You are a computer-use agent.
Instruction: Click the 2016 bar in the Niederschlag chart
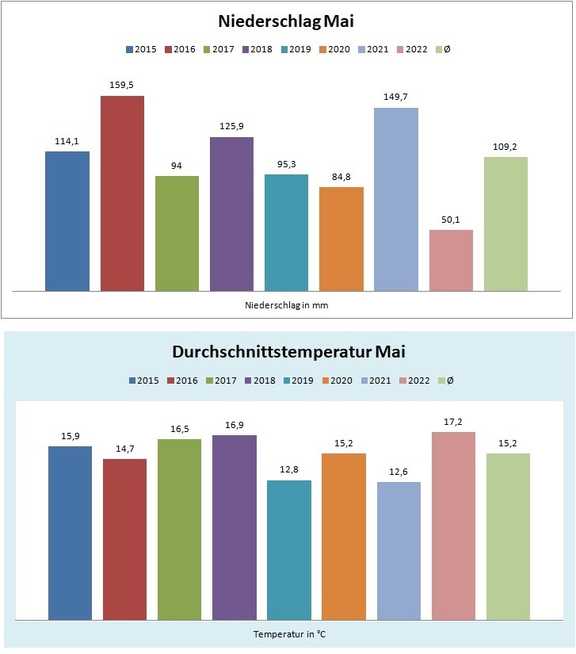(x=122, y=193)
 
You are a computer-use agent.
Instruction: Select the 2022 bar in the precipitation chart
(x=451, y=260)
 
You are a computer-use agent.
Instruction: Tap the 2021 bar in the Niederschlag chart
(x=396, y=199)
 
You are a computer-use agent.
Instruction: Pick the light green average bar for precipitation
(x=505, y=224)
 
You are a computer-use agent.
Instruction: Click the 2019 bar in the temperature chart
(x=289, y=549)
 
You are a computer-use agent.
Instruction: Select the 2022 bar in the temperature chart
(x=453, y=526)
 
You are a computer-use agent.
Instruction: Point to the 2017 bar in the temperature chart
(x=179, y=529)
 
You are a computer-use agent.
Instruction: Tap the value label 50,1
(x=451, y=220)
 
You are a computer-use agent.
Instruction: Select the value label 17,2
(x=453, y=422)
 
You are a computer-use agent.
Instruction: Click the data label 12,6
(x=399, y=472)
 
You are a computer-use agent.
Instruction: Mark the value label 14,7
(x=124, y=449)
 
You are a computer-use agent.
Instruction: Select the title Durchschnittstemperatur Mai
(x=288, y=351)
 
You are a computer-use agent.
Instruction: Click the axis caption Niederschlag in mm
(x=287, y=304)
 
